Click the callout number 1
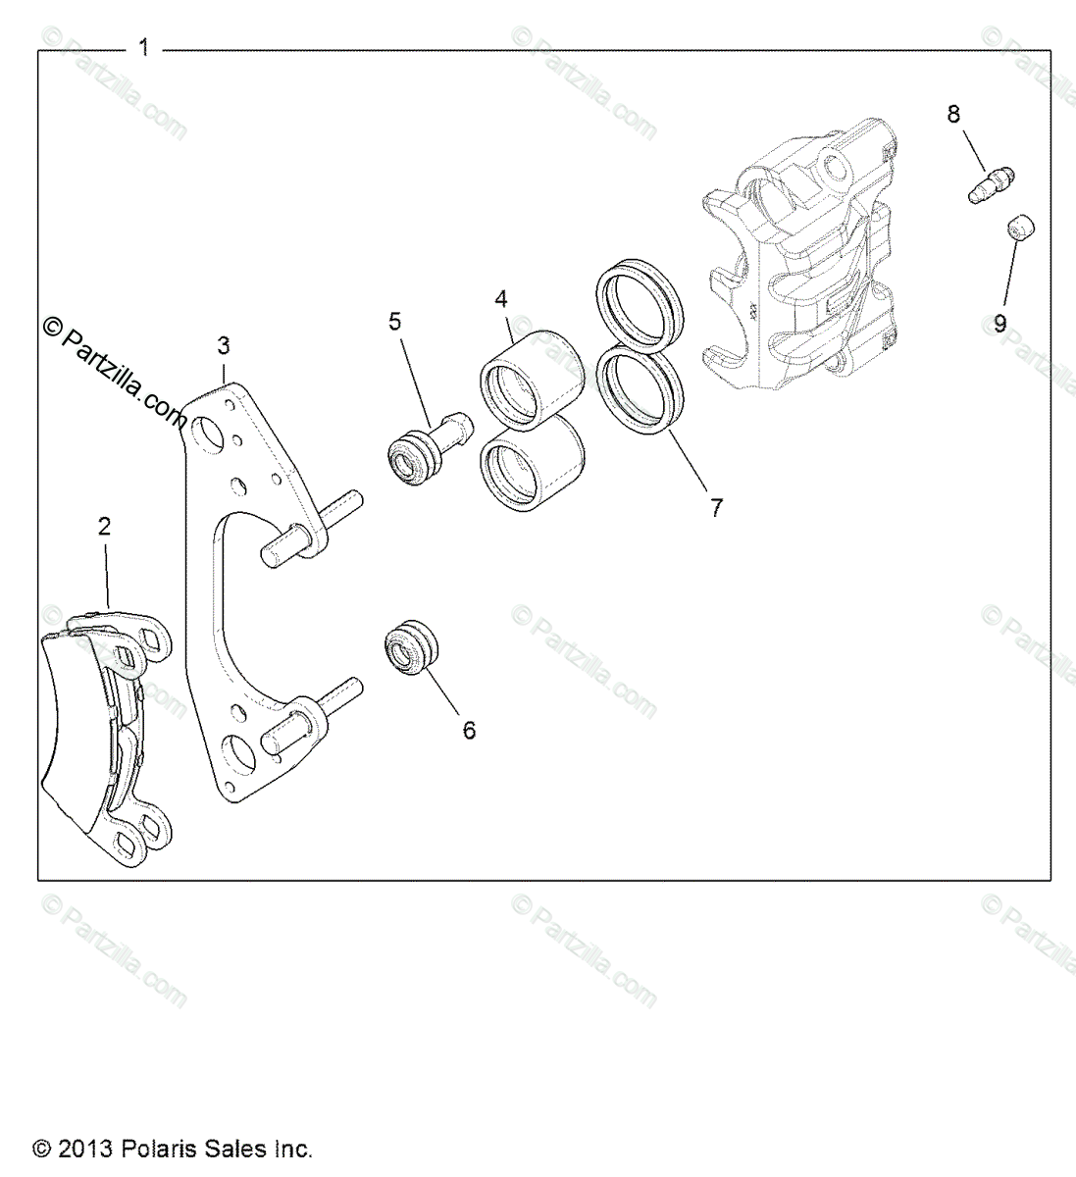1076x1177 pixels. (143, 47)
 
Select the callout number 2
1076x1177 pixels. (104, 527)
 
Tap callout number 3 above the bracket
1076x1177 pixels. (224, 345)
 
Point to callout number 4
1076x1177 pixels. (500, 297)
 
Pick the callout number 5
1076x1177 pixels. (395, 321)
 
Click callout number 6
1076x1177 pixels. (469, 730)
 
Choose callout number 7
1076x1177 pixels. (717, 507)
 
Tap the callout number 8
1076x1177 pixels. (953, 114)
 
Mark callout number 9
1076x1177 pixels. (999, 324)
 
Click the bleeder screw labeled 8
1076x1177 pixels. (990, 186)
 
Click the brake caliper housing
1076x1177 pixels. (799, 255)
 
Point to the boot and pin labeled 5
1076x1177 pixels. (436, 445)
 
